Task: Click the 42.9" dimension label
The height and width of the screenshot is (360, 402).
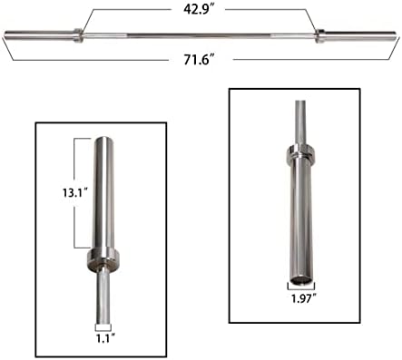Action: point(199,9)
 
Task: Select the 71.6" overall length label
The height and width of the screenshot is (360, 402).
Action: point(199,60)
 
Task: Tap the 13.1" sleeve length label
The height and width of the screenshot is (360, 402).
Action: point(75,192)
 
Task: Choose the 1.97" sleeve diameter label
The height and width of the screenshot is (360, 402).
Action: point(304,298)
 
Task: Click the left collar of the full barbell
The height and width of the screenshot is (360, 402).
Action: point(78,35)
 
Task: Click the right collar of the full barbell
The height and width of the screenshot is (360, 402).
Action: point(319,36)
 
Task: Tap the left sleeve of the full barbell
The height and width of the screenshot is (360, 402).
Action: point(39,34)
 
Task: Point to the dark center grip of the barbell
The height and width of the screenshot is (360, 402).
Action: point(199,35)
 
